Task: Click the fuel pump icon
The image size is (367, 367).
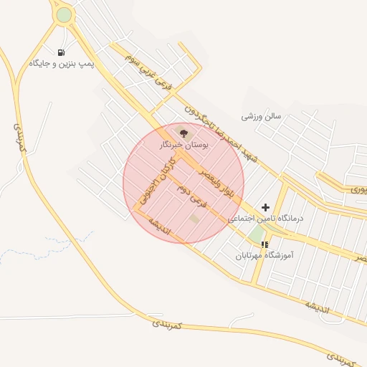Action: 61,52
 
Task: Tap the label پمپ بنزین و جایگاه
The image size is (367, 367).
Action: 62,64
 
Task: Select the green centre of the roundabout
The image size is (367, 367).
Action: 64,14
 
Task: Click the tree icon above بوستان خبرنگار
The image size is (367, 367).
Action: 182,132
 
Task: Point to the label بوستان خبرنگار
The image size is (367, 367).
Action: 183,145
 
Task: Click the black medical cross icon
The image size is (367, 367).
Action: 266,206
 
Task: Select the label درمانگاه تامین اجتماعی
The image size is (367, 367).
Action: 266,218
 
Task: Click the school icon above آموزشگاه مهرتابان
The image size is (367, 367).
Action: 265,244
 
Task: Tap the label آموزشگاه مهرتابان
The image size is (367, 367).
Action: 264,255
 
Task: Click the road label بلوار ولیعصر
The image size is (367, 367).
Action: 214,185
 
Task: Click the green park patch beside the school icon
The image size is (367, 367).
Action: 256,234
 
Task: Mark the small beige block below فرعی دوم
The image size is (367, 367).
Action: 194,217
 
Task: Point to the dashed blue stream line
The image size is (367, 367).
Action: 43,247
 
